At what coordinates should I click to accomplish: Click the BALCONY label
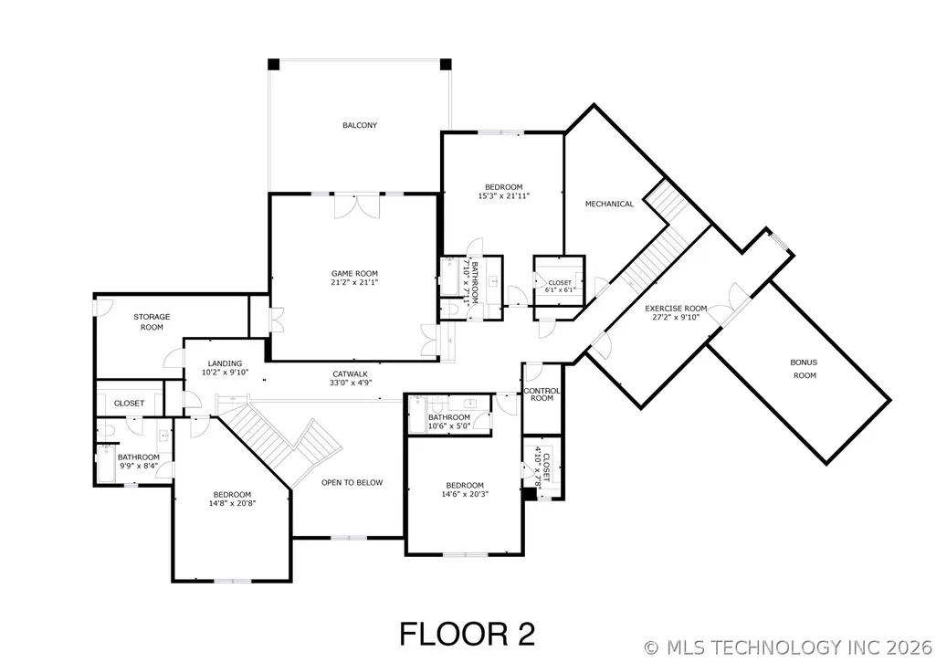[x=360, y=125]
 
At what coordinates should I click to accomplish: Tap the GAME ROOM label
[x=354, y=274]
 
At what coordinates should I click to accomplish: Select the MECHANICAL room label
[x=609, y=205]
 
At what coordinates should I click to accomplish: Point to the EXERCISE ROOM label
[x=676, y=309]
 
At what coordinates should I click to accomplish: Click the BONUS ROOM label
[x=805, y=369]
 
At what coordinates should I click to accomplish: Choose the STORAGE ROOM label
[x=152, y=321]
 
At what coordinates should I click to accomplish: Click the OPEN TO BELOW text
[x=352, y=482]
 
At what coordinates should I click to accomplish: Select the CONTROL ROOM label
[x=542, y=394]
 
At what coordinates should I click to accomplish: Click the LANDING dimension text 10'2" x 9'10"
[x=225, y=372]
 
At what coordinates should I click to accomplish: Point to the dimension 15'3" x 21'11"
[x=504, y=195]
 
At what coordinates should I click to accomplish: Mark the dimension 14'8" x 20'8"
[x=232, y=503]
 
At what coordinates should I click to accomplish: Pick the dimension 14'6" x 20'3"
[x=465, y=494]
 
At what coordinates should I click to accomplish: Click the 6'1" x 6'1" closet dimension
[x=560, y=290]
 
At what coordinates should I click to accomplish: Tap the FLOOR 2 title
[x=468, y=634]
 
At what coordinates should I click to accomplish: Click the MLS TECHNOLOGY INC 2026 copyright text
[x=788, y=647]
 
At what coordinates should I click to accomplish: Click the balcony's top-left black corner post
[x=273, y=65]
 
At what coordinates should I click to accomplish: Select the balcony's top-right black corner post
[x=446, y=65]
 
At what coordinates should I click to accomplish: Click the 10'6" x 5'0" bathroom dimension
[x=449, y=426]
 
